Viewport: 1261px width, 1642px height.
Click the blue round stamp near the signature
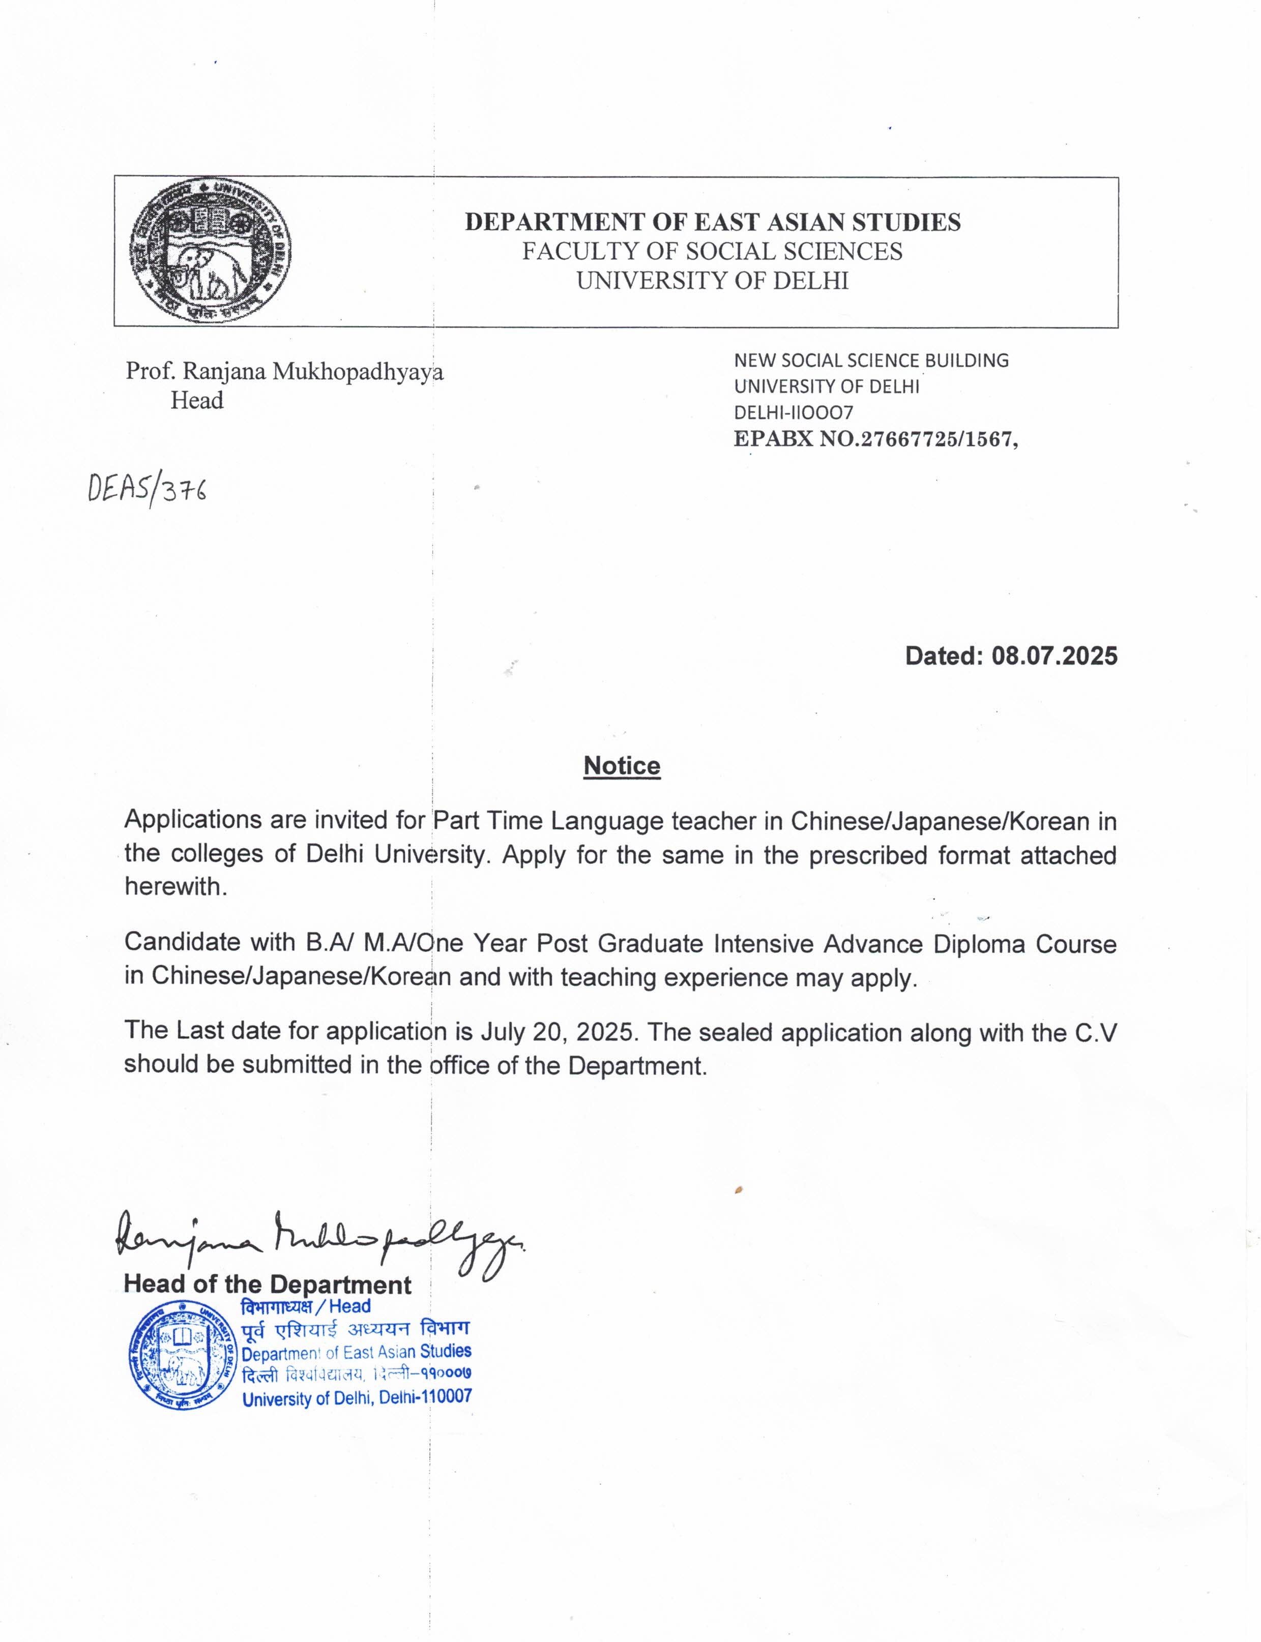pyautogui.click(x=183, y=1355)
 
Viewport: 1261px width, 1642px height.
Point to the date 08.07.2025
pyautogui.click(x=1054, y=656)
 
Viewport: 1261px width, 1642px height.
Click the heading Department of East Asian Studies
pyautogui.click(x=712, y=222)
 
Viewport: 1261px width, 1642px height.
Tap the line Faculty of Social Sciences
pyautogui.click(x=712, y=251)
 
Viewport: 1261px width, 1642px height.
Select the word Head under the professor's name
pyautogui.click(x=197, y=401)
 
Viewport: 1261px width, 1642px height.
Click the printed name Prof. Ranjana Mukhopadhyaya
pyautogui.click(x=284, y=372)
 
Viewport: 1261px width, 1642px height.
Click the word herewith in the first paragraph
pyautogui.click(x=175, y=887)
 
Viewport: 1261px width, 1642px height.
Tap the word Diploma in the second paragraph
pyautogui.click(x=980, y=944)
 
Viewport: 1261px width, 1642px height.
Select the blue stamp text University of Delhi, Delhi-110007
pyautogui.click(x=357, y=1397)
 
